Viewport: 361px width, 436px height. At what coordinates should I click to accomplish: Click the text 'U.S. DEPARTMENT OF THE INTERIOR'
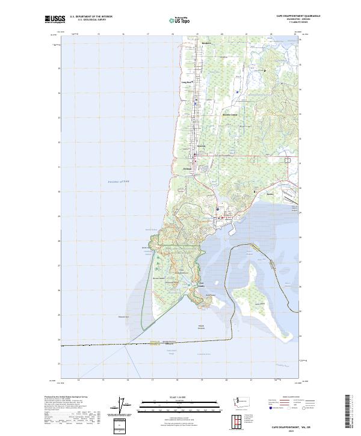tap(91, 17)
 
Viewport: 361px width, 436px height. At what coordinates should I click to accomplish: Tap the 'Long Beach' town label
tap(187, 82)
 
